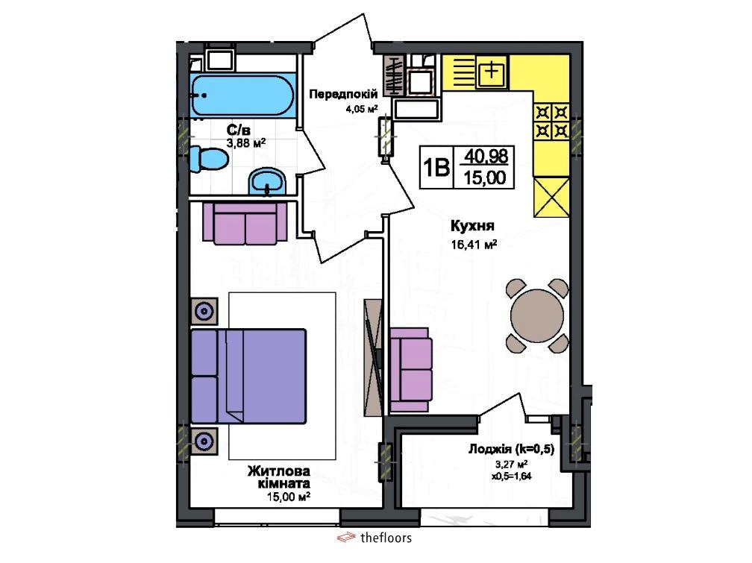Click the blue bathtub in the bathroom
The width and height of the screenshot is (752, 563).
point(243,95)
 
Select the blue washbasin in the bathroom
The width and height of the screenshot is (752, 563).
point(267,181)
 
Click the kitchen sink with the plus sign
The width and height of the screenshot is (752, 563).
point(492,72)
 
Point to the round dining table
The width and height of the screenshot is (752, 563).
point(537,315)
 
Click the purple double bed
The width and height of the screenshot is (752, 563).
point(248,376)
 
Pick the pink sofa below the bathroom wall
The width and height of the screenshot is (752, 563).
point(245,222)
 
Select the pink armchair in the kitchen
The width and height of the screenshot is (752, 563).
point(411,369)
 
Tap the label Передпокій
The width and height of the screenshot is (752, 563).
point(343,94)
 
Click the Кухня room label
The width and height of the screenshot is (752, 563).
point(472,225)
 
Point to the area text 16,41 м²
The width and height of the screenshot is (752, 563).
point(473,245)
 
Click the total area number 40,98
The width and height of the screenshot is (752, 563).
point(486,156)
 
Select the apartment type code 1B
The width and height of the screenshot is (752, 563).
point(436,168)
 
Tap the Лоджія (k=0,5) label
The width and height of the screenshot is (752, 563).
point(511,450)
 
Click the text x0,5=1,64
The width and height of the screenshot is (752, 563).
point(511,476)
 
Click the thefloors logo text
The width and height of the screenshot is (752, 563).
point(386,538)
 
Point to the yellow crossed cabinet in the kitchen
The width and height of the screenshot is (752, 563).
point(551,197)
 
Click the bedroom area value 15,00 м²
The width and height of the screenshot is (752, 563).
point(289,497)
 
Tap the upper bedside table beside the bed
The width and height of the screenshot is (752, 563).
point(204,311)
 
